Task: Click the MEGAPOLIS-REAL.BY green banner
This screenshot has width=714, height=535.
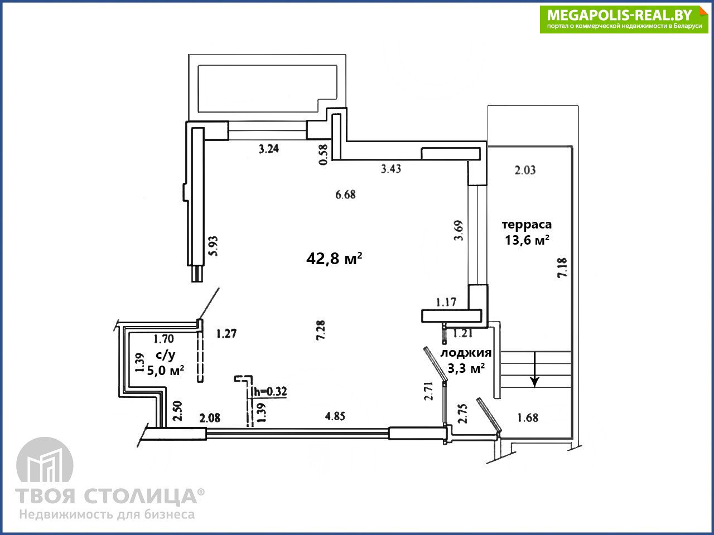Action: tap(624, 20)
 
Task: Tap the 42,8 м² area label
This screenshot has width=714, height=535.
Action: tap(334, 259)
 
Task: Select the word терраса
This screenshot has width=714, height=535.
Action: tap(527, 224)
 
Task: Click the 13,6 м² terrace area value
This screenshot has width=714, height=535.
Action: tap(527, 240)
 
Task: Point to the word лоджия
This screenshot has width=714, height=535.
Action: tap(466, 353)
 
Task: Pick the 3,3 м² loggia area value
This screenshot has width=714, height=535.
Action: tap(466, 368)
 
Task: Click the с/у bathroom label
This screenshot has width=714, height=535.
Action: tap(166, 355)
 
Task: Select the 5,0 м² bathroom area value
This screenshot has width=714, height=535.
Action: tap(166, 370)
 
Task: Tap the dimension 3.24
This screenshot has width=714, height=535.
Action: tap(269, 149)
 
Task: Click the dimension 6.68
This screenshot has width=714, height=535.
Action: tap(345, 194)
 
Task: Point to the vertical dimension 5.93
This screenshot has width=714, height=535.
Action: tap(214, 246)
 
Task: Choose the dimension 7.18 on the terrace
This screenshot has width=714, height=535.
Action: tap(562, 267)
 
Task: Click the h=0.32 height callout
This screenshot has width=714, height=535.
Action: tap(271, 392)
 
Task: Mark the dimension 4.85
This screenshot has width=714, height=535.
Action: tap(335, 416)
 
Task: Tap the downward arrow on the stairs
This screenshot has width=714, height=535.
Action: tap(534, 369)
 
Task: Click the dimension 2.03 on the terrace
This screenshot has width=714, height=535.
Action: tap(525, 170)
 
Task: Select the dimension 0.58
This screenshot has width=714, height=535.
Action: tap(324, 154)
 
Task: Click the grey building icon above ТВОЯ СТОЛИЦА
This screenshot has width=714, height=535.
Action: tap(45, 461)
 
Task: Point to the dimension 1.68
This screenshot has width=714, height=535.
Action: tap(528, 417)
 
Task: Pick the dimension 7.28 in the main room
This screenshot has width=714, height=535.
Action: tap(320, 330)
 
